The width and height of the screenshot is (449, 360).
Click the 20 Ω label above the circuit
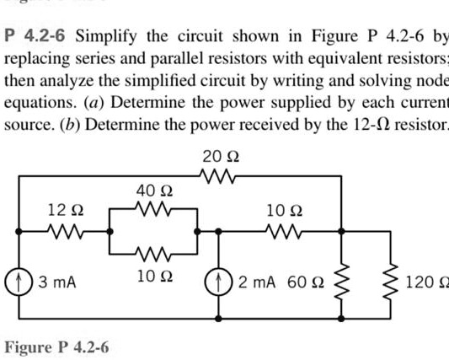point(221,155)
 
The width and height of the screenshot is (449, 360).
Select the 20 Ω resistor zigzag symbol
point(220,175)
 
